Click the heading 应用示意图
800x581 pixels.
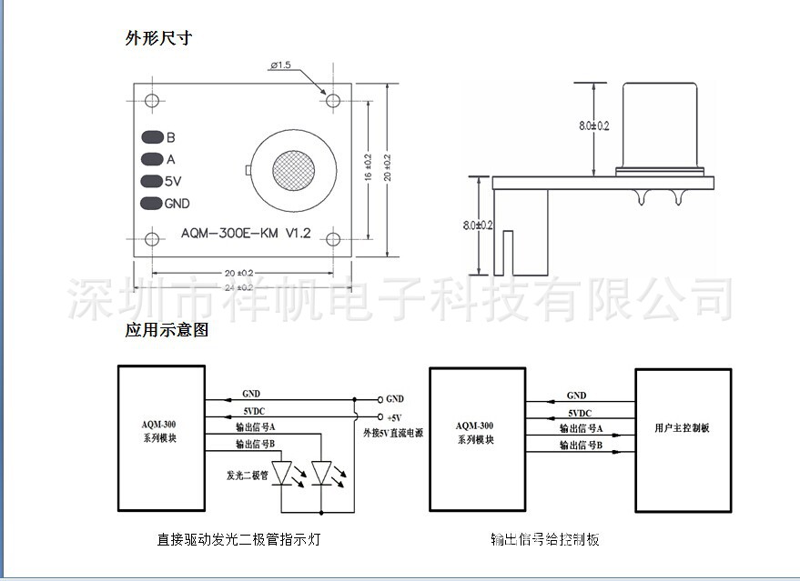[167, 330]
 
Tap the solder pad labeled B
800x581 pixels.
[151, 138]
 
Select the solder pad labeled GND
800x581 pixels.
[151, 204]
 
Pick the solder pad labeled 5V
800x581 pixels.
[151, 181]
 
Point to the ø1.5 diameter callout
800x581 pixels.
[280, 65]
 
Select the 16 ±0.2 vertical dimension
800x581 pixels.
[368, 169]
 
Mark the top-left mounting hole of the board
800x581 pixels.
[152, 99]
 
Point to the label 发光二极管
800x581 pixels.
[248, 476]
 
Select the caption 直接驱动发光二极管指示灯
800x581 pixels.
[238, 539]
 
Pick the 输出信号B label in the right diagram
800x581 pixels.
[582, 445]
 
